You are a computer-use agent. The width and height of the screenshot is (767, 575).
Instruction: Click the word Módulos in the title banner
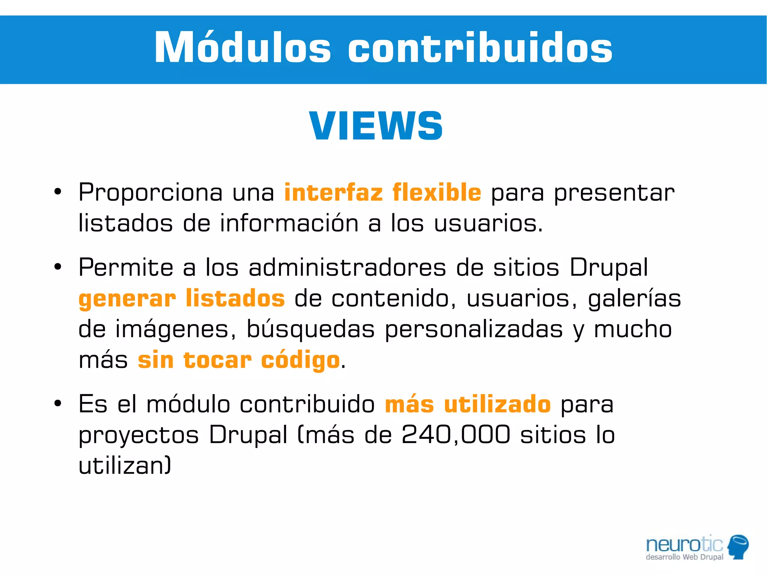(x=243, y=48)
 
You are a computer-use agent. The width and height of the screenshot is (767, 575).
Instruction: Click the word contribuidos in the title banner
(x=480, y=48)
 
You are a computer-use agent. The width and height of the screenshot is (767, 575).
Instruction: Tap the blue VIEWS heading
(x=376, y=126)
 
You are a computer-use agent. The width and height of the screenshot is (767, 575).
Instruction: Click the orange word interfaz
(x=333, y=193)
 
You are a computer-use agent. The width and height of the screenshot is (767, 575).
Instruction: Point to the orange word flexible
(x=437, y=193)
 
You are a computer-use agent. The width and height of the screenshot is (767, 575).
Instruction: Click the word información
(x=289, y=224)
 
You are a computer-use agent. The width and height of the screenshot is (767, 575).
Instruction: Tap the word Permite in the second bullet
(x=126, y=267)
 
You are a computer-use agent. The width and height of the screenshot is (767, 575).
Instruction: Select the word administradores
(x=347, y=267)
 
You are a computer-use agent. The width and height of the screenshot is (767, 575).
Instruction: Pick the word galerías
(x=634, y=299)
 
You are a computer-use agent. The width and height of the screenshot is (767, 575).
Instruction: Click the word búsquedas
(x=310, y=330)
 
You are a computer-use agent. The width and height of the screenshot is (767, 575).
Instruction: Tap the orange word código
(x=300, y=361)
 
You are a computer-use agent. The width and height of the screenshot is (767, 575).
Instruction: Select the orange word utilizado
(x=497, y=405)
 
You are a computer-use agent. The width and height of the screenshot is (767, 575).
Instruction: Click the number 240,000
(x=456, y=435)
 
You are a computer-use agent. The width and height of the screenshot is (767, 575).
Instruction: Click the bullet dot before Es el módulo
(x=57, y=404)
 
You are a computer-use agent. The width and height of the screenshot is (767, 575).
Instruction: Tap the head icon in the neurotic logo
(x=738, y=546)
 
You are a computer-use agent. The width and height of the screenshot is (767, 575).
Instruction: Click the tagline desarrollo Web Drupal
(x=684, y=557)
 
